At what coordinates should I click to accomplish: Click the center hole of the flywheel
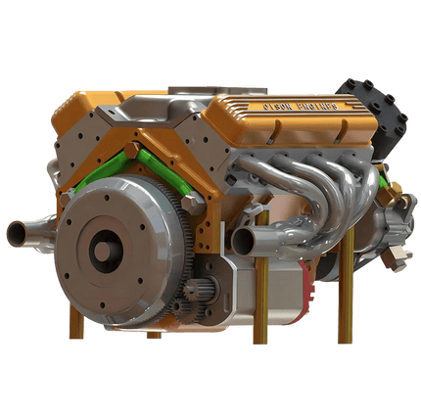pos(102,249)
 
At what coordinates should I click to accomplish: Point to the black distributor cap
pos(376,107)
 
